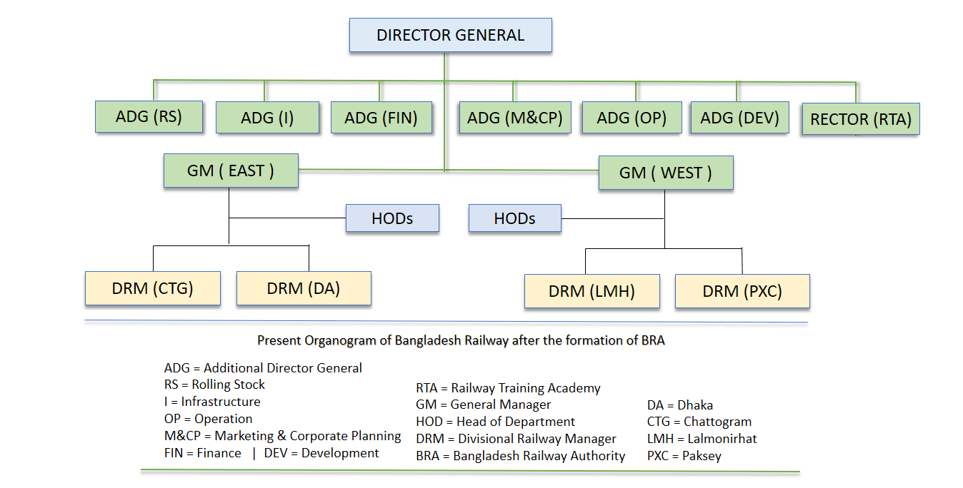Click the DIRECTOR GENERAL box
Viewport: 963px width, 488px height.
[450, 36]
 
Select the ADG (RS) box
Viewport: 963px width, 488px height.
[149, 117]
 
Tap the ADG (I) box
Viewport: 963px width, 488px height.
[267, 118]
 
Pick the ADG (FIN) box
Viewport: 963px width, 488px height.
[381, 118]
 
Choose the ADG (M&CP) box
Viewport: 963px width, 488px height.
[514, 118]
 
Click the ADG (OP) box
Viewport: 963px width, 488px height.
[632, 118]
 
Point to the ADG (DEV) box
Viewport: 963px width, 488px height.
[739, 118]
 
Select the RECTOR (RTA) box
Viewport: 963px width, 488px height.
[861, 119]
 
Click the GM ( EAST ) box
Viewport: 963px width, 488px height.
[231, 171]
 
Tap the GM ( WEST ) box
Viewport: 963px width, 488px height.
[666, 173]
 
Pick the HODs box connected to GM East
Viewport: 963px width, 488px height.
[392, 218]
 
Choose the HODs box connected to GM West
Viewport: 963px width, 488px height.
[514, 218]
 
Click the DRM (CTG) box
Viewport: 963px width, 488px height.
[152, 288]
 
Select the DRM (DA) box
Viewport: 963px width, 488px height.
[304, 288]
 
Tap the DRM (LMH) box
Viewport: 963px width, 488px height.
[592, 291]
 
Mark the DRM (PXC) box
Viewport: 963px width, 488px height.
[742, 291]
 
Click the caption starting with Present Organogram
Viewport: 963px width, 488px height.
[461, 340]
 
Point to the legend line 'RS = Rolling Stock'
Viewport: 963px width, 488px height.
[214, 385]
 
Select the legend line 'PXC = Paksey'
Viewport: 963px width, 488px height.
[684, 456]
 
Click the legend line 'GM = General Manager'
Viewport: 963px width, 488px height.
[493, 405]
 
